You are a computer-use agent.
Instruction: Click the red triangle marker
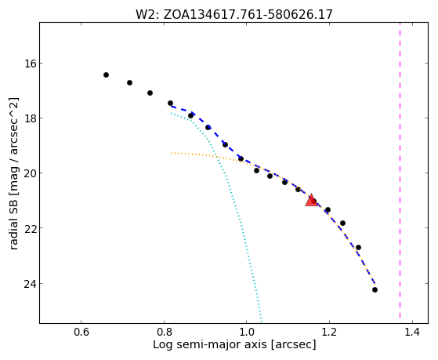coord(312,200)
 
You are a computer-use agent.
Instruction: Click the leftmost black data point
coord(106,75)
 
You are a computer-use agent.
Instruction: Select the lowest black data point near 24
coord(375,289)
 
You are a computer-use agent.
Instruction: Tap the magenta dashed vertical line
coord(400,170)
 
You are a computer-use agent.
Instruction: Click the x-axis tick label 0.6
coord(81,333)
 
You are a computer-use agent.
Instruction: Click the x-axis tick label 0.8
coord(164,333)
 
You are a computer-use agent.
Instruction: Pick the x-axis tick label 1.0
coord(247,333)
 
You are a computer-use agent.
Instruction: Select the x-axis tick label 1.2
coord(330,333)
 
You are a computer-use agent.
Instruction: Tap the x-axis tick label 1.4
coord(412,333)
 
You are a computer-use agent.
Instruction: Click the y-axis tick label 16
coord(30,64)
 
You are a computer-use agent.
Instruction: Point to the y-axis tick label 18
coord(30,118)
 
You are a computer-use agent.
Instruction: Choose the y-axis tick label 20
coord(30,173)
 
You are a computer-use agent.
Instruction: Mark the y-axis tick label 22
coord(30,228)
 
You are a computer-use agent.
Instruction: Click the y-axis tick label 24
coord(30,284)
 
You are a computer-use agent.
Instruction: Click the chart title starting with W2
coord(234,15)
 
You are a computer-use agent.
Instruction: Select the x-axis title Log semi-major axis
coord(234,344)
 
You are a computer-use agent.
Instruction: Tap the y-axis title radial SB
coord(13,173)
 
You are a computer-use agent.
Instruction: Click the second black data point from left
coord(129,83)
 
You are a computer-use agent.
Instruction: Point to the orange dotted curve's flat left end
coord(172,153)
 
